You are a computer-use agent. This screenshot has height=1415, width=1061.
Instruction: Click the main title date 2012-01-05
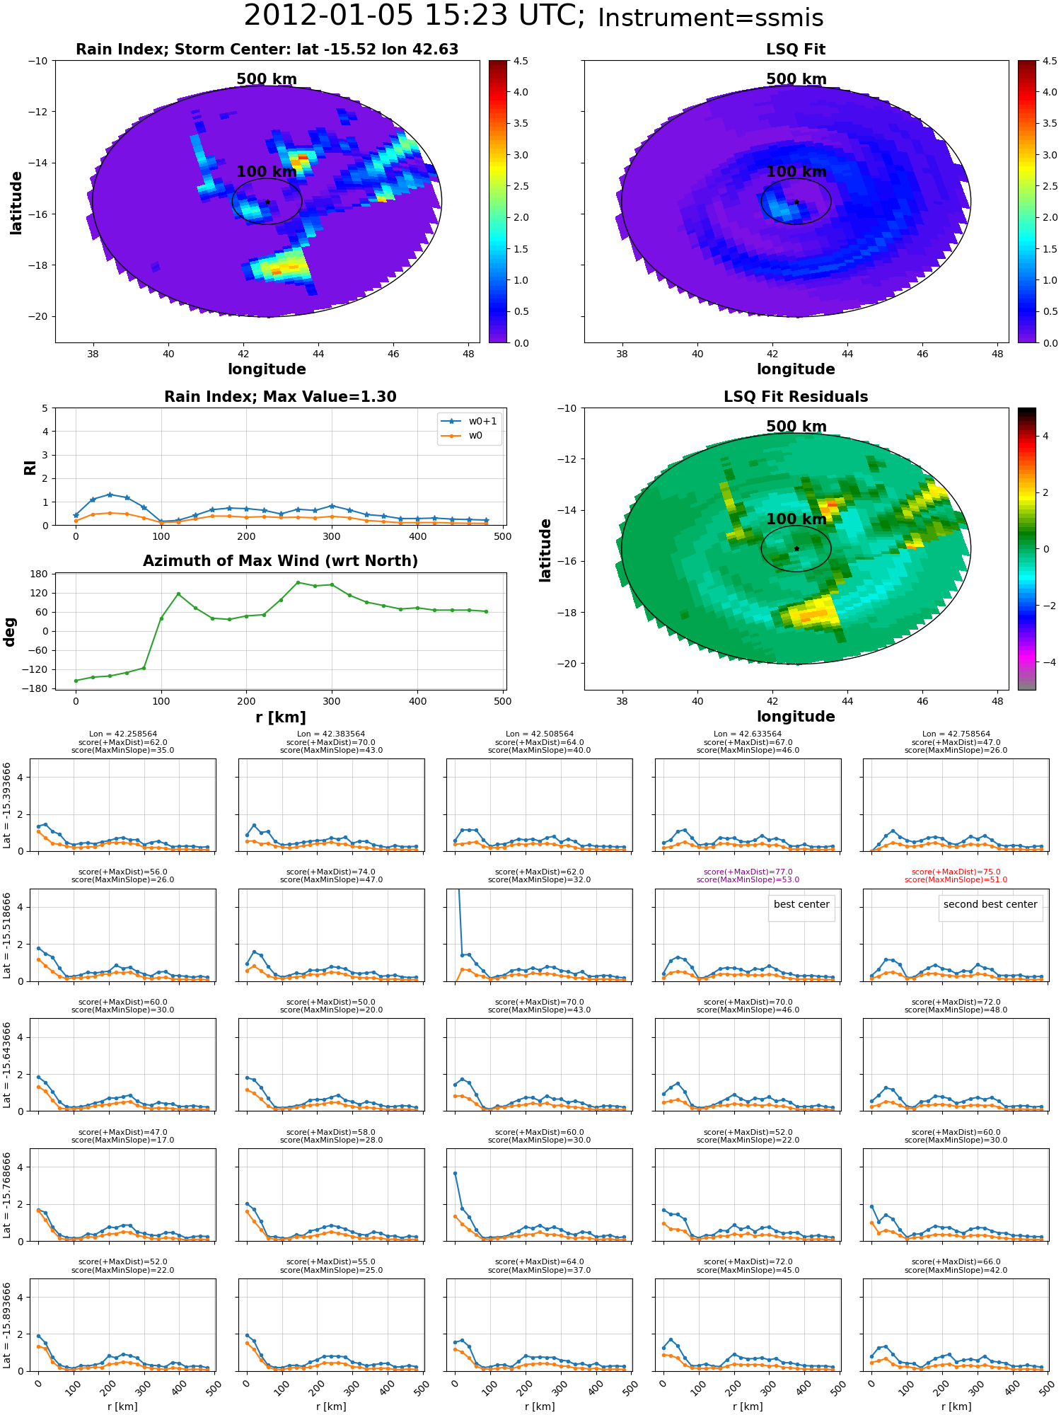coord(329,16)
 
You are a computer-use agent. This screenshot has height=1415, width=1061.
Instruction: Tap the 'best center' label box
coord(801,904)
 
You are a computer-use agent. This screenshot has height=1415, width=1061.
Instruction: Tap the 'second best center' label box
coord(990,904)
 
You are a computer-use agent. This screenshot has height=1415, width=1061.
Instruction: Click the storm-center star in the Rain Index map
coord(267,202)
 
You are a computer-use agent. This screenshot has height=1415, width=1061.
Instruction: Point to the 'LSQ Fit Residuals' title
coord(796,397)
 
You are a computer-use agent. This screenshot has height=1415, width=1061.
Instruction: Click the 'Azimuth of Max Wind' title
coord(280,561)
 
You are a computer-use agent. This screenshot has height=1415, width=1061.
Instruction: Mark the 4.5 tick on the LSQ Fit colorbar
coord(1050,61)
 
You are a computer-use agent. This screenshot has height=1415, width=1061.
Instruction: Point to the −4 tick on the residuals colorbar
coord(1045,662)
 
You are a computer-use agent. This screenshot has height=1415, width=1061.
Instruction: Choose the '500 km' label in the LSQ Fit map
coord(796,79)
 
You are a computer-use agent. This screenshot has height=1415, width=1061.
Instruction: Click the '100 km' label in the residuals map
coord(796,519)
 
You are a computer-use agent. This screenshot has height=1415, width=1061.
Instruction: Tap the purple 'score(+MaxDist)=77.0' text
coord(748,872)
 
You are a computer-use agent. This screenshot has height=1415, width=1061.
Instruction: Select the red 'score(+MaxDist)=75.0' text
coord(956,872)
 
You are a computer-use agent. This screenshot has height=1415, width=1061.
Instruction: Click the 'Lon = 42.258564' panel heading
coord(123,734)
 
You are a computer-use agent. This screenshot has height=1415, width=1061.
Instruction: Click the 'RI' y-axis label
coord(30,467)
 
